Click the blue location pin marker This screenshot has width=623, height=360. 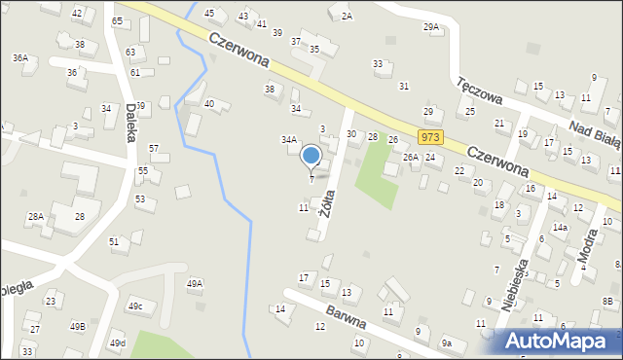(x=311, y=157)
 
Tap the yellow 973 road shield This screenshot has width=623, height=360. (x=431, y=138)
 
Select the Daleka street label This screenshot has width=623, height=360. (x=130, y=123)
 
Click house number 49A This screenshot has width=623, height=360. (x=195, y=284)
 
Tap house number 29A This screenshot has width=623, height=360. (x=431, y=27)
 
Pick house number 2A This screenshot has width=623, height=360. (x=347, y=16)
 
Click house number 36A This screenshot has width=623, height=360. (x=19, y=58)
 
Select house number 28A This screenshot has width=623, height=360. (x=36, y=216)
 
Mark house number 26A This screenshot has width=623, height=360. (x=411, y=157)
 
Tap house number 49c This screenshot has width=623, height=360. (x=135, y=306)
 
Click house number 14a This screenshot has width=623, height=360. (x=561, y=227)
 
